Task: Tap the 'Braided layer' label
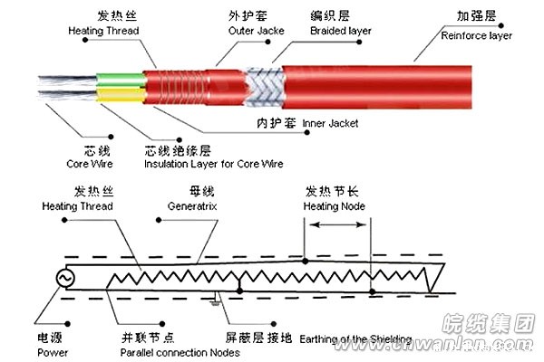click(341, 32)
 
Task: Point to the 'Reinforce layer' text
click(476, 35)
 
